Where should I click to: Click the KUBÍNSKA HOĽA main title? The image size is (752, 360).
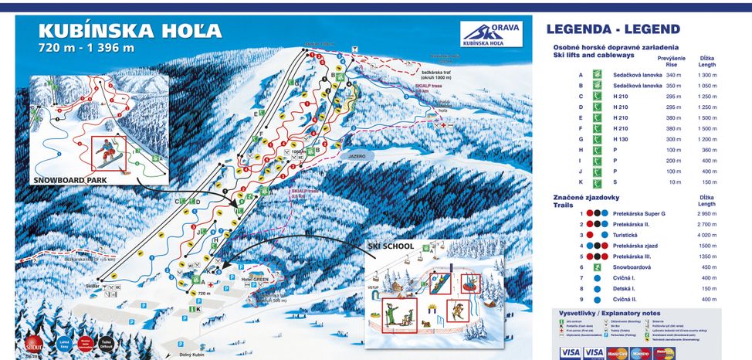coord(130,32)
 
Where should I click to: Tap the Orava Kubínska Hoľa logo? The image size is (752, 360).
coord(490,33)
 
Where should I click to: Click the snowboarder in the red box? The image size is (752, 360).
coord(108,153)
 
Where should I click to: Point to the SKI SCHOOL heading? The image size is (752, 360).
coord(391,246)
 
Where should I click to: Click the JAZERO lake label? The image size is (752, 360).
coord(356,155)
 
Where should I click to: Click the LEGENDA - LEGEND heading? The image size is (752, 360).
coord(613,30)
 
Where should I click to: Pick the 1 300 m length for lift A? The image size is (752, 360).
coord(707,75)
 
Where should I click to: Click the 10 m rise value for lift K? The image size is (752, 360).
coord(671,182)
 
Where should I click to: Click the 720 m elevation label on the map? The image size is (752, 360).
coord(204,294)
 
